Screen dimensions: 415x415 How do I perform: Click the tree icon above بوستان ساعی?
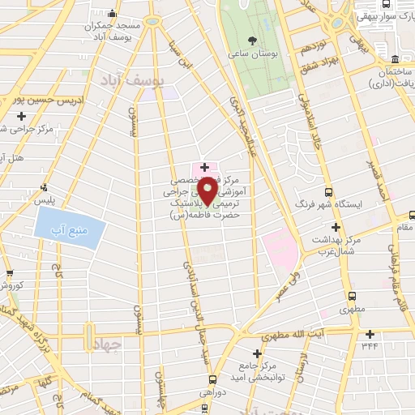253,39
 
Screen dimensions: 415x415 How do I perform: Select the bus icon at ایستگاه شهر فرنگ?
328,192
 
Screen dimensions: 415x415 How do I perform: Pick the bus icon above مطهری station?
351,296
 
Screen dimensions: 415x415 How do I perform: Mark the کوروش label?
12,286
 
